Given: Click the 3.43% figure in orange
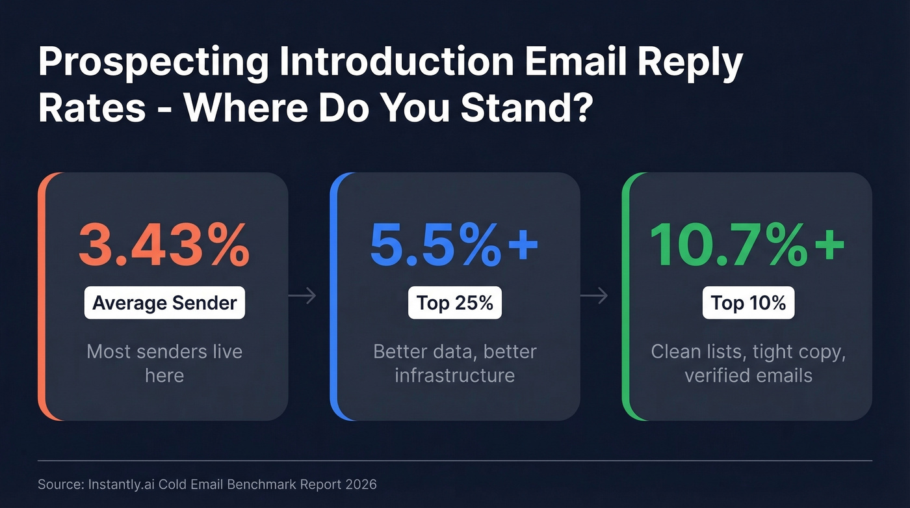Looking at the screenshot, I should pyautogui.click(x=164, y=246).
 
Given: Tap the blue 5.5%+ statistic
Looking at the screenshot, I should pyautogui.click(x=454, y=246).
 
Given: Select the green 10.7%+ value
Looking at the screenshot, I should pyautogui.click(x=747, y=246).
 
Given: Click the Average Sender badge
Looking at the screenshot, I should pyautogui.click(x=164, y=302).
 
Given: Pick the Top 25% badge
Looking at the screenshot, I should pyautogui.click(x=454, y=302).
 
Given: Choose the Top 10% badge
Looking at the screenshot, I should pyautogui.click(x=748, y=302).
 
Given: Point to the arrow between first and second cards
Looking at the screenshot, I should pyautogui.click(x=302, y=297).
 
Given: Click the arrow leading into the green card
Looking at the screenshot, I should pyautogui.click(x=594, y=297).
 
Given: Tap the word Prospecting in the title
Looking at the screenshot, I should pyautogui.click(x=153, y=64).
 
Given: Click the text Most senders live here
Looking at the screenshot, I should pyautogui.click(x=164, y=363).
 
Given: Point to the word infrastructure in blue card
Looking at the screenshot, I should pyautogui.click(x=454, y=375).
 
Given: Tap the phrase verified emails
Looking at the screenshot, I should pyautogui.click(x=748, y=375).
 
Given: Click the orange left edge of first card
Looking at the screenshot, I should pyautogui.click(x=42, y=296).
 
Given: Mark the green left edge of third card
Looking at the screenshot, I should pyautogui.click(x=627, y=296).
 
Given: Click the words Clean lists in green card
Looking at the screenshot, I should pyautogui.click(x=698, y=351).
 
